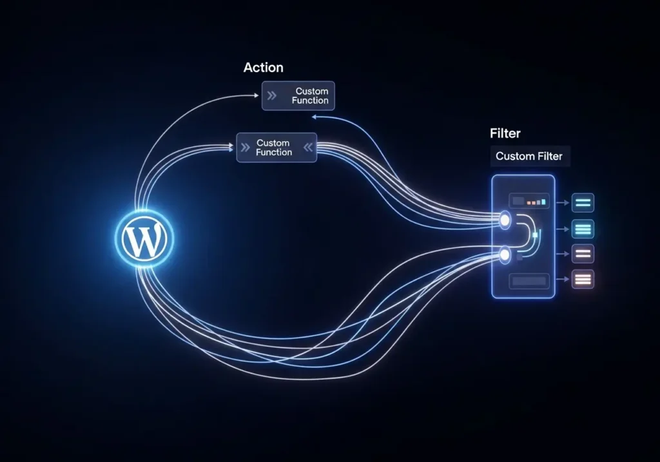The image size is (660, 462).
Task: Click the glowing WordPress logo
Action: pos(144,239)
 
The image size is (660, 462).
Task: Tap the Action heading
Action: pos(263,68)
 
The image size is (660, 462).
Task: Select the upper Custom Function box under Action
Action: pos(298,96)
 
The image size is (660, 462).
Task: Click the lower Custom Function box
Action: pos(277,148)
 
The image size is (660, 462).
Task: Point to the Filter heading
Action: pos(505,134)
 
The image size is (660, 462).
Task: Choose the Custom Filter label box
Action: pos(529,156)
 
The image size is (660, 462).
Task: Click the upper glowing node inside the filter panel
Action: pos(505,220)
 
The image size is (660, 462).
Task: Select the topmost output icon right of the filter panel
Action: pos(583,203)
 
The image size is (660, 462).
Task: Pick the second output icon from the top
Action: pos(583,229)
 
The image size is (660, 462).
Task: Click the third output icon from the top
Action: pos(583,253)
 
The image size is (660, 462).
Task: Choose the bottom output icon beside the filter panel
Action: pos(583,279)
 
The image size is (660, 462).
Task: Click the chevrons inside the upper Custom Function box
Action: pos(272,96)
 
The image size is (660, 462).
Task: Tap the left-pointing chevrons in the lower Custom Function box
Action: pos(308,148)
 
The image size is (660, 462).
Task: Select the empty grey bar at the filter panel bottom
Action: pos(529,281)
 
